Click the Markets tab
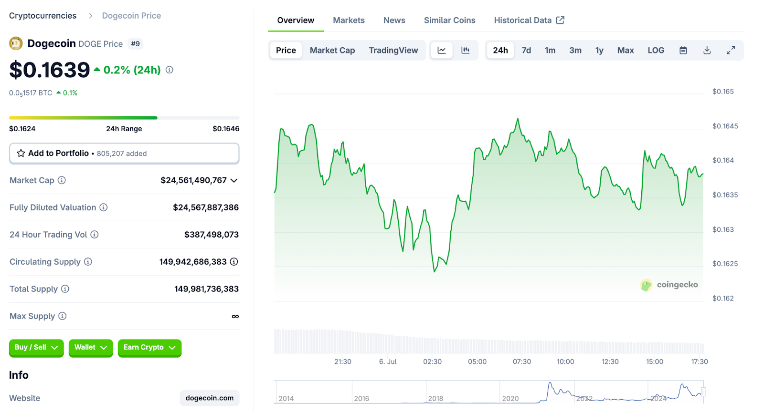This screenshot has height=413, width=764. coord(349,20)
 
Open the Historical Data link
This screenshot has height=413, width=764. coord(529,20)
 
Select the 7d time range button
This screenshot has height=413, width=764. coord(526,50)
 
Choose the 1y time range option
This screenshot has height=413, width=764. coord(599,50)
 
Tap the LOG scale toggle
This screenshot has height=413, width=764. coord(656,50)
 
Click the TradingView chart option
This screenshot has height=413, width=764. coord(393,50)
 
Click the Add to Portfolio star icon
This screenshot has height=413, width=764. coord(21,153)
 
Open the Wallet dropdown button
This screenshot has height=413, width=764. coord(91,348)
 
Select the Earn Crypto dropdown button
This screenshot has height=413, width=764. coord(149,348)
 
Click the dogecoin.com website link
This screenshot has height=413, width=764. coord(210,398)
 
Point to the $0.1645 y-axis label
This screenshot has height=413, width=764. coord(725,126)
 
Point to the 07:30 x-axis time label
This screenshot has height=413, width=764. coord(522,361)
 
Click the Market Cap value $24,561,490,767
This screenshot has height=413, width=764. coord(193,180)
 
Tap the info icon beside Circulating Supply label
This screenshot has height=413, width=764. coord(88,262)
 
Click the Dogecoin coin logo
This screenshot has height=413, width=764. coord(16,44)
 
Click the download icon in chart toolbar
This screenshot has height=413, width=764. coord(707,50)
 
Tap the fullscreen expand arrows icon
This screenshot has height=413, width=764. coord(731,50)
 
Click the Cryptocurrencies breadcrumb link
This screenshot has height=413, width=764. coord(42,16)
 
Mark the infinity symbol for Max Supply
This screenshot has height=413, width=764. coord(235,316)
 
